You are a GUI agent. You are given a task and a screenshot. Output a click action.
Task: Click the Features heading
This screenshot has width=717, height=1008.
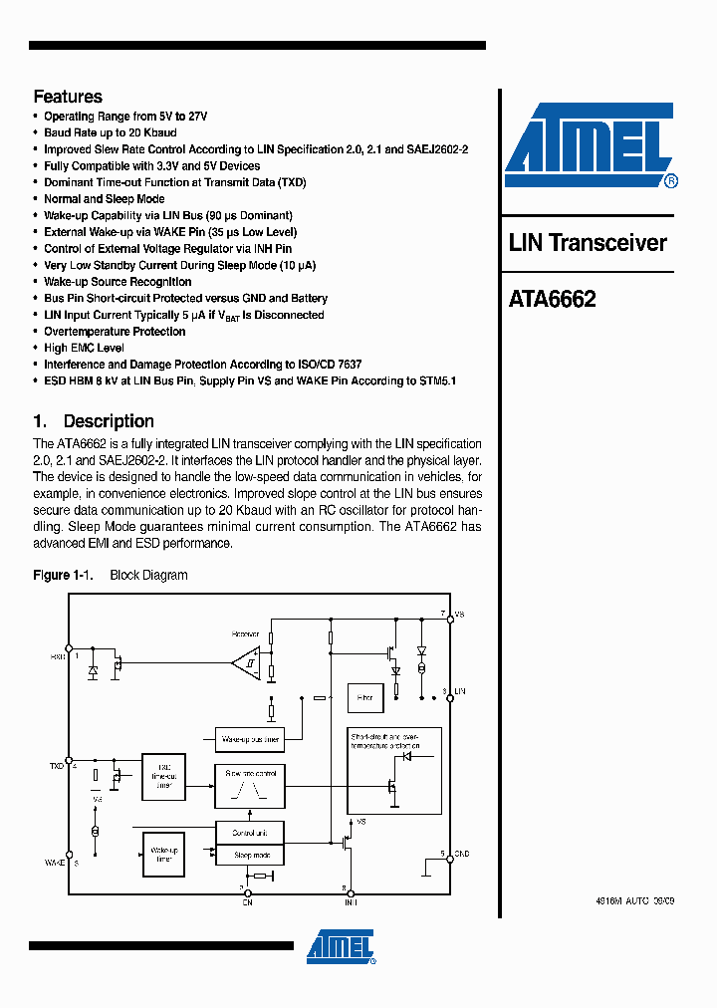(x=68, y=97)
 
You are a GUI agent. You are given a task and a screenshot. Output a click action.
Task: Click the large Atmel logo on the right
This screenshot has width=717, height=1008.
(x=591, y=144)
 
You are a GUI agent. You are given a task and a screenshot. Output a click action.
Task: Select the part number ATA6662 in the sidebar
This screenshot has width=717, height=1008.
(x=552, y=299)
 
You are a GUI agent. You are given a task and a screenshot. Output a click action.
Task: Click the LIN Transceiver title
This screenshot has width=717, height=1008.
(x=588, y=243)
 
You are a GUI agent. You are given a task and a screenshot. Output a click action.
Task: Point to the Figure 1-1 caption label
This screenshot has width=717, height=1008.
(x=63, y=575)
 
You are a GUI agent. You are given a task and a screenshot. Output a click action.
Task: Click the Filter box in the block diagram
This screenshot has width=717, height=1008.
(x=363, y=698)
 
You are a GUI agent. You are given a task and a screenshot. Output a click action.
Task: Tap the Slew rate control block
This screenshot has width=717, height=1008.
(x=250, y=786)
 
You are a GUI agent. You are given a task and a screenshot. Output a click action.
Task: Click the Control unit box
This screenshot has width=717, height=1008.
(x=250, y=832)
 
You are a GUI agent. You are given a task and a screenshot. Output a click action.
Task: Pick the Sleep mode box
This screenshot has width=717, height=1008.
(x=250, y=855)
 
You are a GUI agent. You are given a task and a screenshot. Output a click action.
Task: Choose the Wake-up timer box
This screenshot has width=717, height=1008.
(x=163, y=854)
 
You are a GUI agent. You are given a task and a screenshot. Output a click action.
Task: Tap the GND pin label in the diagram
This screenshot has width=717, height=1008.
(x=461, y=855)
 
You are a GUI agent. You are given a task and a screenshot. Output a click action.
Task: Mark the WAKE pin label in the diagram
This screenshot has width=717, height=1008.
(x=55, y=862)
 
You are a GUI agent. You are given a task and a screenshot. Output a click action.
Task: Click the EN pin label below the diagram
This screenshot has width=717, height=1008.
(x=248, y=902)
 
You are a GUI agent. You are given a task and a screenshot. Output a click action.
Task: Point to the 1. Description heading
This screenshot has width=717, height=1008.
(x=94, y=421)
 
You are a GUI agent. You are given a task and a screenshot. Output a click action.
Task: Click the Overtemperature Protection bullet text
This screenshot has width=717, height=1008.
(x=115, y=332)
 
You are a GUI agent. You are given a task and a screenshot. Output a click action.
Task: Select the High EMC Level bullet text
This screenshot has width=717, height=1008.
(x=84, y=348)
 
